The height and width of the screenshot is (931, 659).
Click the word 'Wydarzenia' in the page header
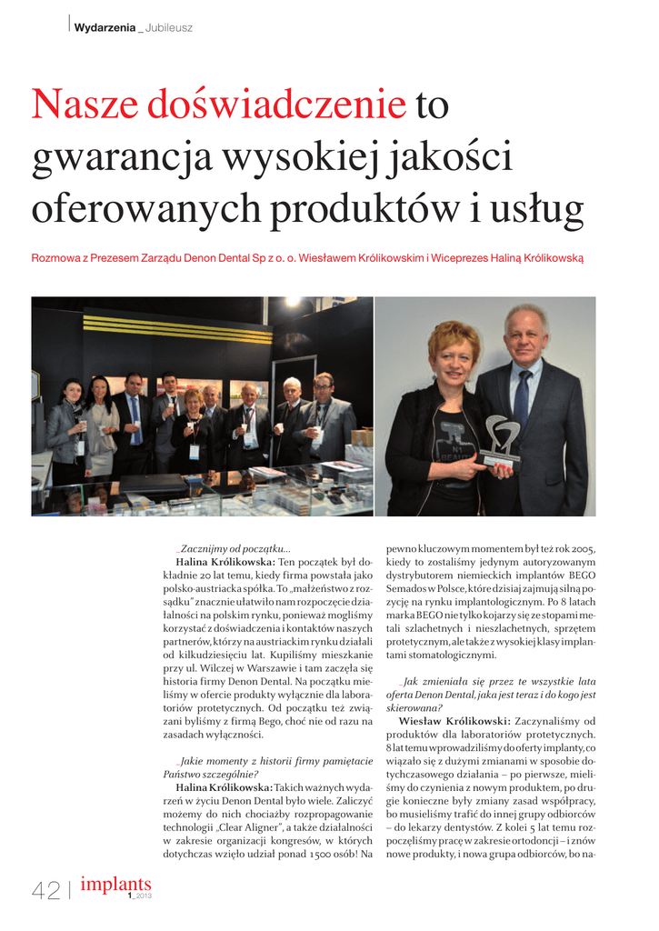[104, 27]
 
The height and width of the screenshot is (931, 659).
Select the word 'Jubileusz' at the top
[169, 27]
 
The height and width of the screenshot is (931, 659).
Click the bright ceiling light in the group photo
[291, 327]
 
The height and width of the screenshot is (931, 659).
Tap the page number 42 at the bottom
[45, 891]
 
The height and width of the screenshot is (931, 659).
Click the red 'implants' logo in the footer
[115, 884]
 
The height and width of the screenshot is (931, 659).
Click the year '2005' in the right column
[578, 549]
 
